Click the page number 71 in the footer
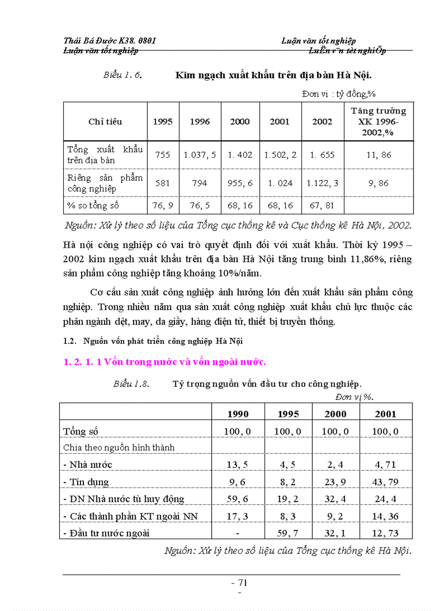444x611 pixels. [x=239, y=582]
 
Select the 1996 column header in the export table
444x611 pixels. [x=200, y=122]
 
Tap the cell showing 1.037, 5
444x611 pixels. [x=200, y=155]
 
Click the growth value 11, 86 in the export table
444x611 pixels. [x=378, y=155]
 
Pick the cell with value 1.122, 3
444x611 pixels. [x=322, y=183]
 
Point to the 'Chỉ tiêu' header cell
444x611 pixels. [x=105, y=122]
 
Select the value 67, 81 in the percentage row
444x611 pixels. [x=322, y=206]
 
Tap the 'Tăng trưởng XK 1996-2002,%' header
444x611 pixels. [x=378, y=121]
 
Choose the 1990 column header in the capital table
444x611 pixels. [x=238, y=414]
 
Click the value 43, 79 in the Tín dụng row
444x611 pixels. [x=385, y=482]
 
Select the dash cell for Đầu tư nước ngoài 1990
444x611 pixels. [x=238, y=533]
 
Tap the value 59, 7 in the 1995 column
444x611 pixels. [x=288, y=533]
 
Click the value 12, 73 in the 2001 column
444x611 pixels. [x=385, y=533]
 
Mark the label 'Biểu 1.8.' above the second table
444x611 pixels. [x=131, y=384]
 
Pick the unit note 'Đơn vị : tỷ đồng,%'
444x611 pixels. [x=339, y=94]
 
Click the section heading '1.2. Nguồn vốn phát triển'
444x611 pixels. [x=153, y=342]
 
